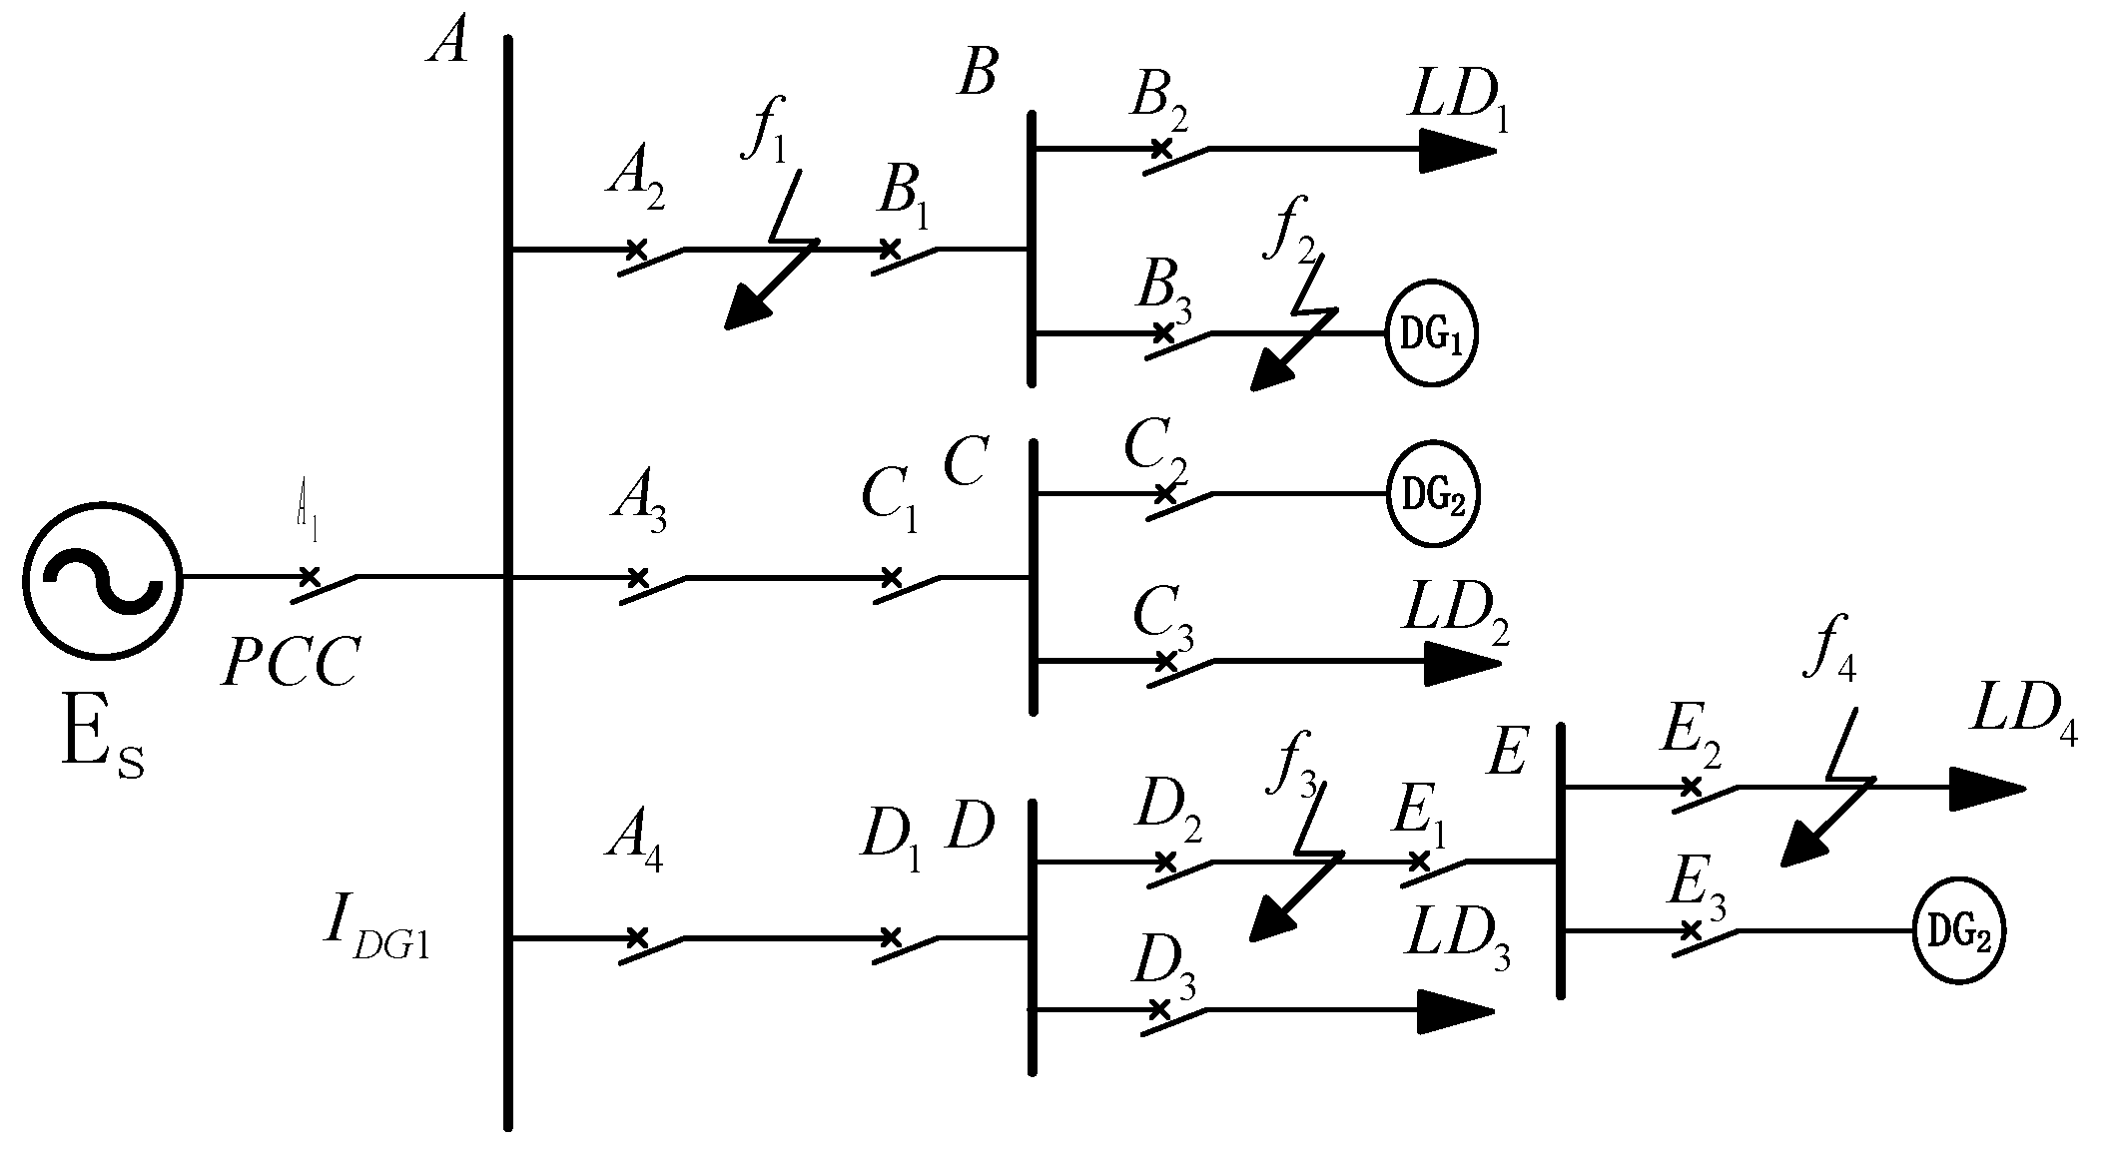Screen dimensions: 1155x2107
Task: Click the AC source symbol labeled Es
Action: (102, 578)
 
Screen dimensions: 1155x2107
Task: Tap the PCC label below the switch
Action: (290, 662)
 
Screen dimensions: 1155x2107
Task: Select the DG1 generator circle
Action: (1431, 336)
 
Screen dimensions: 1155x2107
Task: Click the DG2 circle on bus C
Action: (1432, 494)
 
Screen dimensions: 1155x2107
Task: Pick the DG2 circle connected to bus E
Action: (1959, 931)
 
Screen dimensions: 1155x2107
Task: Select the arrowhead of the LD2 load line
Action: (1463, 662)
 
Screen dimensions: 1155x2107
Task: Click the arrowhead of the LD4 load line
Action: (1987, 788)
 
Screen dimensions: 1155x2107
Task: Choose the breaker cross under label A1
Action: (310, 576)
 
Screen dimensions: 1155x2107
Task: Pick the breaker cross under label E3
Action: (1690, 930)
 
